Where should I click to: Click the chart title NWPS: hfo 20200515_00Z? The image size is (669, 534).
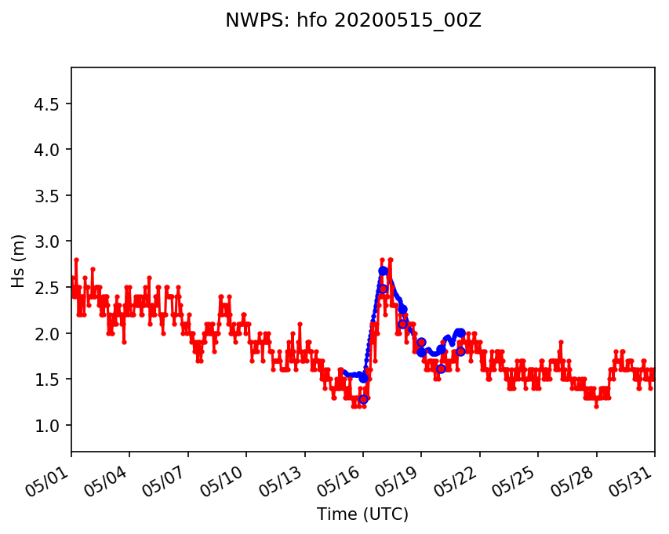[x=353, y=21]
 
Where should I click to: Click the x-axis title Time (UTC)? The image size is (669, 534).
[x=362, y=514]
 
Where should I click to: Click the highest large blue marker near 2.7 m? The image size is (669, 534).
[x=383, y=271]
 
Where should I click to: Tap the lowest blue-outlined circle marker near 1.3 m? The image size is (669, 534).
[x=363, y=399]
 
